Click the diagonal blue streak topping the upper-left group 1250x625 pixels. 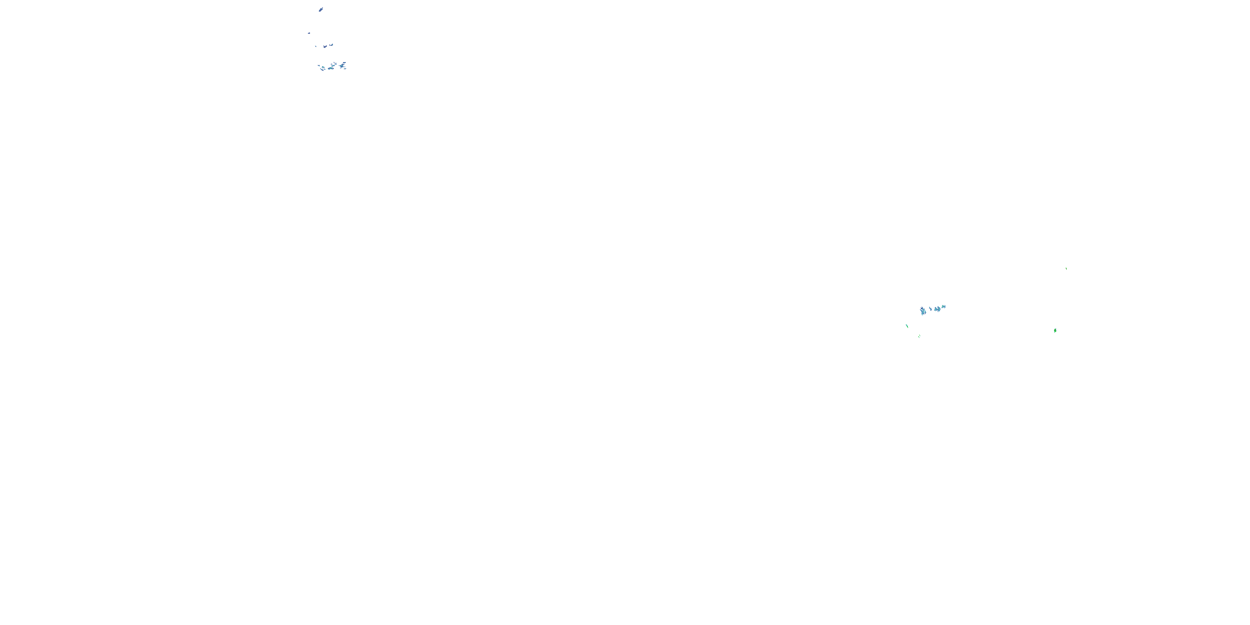[x=321, y=10]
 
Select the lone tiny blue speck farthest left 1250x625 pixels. [x=309, y=33]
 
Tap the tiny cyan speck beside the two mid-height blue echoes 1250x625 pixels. [x=316, y=47]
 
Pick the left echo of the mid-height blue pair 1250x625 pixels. [x=325, y=47]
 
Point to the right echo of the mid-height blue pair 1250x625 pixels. [x=331, y=45]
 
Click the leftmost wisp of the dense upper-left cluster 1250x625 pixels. [x=319, y=65]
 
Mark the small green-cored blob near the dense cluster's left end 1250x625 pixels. [x=323, y=67]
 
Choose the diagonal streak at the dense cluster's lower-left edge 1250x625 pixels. [x=322, y=70]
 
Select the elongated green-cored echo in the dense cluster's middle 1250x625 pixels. [x=331, y=68]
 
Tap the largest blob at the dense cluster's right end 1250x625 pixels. [x=342, y=66]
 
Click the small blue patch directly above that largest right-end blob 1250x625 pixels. [x=345, y=63]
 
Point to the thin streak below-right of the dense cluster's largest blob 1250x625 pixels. [x=345, y=69]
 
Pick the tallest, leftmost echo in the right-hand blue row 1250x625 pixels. [x=923, y=311]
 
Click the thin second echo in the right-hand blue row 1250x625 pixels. [x=930, y=309]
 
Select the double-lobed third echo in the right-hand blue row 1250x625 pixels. [x=937, y=309]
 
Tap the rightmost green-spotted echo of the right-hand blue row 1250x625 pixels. [x=943, y=307]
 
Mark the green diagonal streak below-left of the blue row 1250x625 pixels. [x=907, y=326]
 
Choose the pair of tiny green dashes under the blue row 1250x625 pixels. [x=920, y=336]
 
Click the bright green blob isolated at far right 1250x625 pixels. [x=1055, y=330]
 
